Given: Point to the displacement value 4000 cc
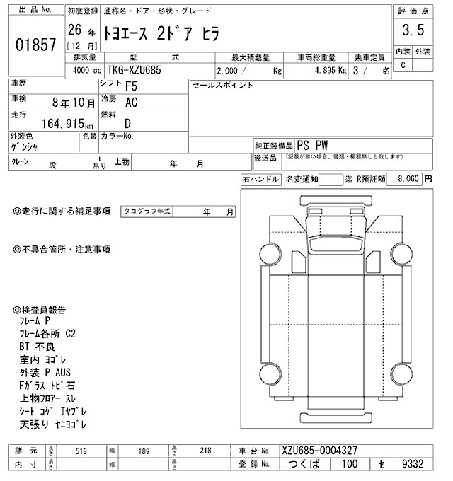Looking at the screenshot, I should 85,71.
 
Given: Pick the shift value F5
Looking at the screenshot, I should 132,87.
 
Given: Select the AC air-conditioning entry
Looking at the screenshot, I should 131,102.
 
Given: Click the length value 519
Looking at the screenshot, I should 81,451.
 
